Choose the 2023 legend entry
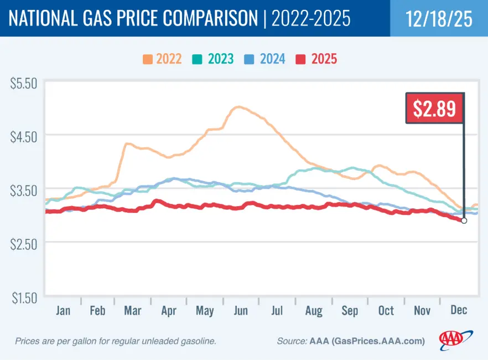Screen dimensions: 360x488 point(214,59)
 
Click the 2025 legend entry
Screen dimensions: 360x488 point(317,59)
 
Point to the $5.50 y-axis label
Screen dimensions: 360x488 point(23,84)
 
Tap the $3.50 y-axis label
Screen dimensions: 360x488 point(23,191)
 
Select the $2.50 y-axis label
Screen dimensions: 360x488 point(23,244)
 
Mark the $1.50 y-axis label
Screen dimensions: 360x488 point(23,297)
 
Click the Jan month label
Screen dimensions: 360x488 point(63,310)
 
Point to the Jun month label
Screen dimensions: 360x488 point(241,310)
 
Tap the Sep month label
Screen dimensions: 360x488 point(350,310)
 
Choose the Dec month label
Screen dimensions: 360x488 point(457,310)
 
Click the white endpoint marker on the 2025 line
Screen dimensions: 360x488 point(464,220)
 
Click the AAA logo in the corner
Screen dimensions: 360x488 point(454,338)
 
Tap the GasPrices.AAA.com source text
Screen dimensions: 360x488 point(387,341)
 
